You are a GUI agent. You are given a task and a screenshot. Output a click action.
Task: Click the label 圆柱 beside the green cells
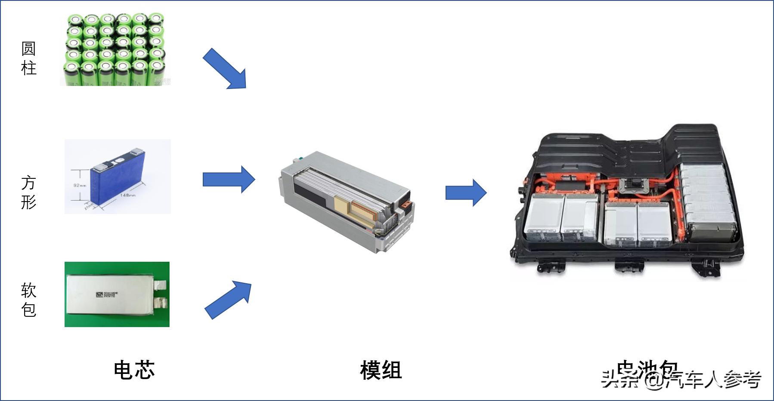28,58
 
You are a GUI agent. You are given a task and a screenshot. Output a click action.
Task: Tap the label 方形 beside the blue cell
28,192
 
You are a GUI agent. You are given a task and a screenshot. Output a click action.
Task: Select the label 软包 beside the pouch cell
28,300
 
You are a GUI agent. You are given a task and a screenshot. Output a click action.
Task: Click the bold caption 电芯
134,370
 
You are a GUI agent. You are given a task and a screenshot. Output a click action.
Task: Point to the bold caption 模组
381,370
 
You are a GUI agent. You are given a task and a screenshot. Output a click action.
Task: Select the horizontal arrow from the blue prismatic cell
229,179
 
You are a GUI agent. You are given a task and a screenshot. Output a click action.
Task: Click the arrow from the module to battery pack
466,193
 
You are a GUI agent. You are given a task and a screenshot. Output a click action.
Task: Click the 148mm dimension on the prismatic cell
128,196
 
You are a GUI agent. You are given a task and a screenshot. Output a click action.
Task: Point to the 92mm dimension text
80,186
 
